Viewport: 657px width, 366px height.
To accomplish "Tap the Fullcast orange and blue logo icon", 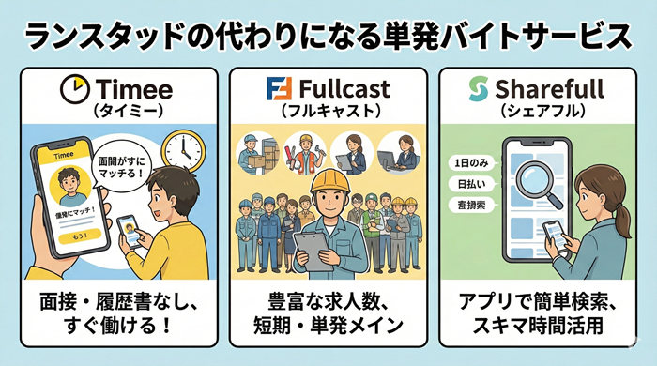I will point(277,90).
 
